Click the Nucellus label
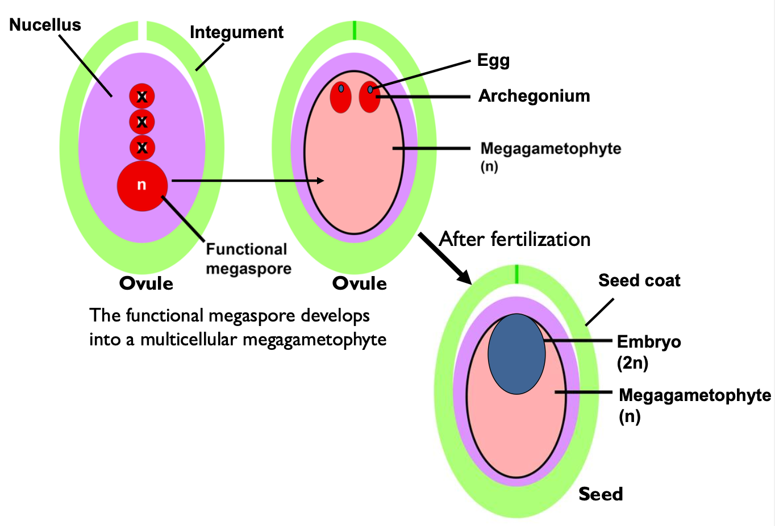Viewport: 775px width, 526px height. (x=45, y=25)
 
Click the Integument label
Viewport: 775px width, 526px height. (x=236, y=32)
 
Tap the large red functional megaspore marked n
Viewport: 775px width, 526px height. (x=142, y=186)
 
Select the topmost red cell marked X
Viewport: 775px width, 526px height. (x=142, y=97)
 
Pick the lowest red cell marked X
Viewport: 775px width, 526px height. (x=142, y=148)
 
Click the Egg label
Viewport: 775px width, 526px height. (x=493, y=60)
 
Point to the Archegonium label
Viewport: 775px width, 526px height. (x=534, y=96)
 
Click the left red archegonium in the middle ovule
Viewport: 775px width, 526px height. (x=341, y=97)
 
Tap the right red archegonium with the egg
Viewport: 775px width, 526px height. (x=370, y=98)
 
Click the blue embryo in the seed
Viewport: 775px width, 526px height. (x=516, y=354)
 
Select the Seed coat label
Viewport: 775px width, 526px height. (x=639, y=281)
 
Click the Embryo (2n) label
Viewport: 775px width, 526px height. (x=648, y=352)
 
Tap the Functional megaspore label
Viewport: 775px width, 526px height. (x=248, y=259)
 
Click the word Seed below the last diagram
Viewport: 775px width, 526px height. (x=601, y=494)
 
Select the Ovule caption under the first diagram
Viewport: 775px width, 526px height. (x=146, y=283)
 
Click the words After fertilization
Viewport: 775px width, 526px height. (x=515, y=239)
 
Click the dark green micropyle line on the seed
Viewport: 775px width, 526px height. (x=516, y=274)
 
